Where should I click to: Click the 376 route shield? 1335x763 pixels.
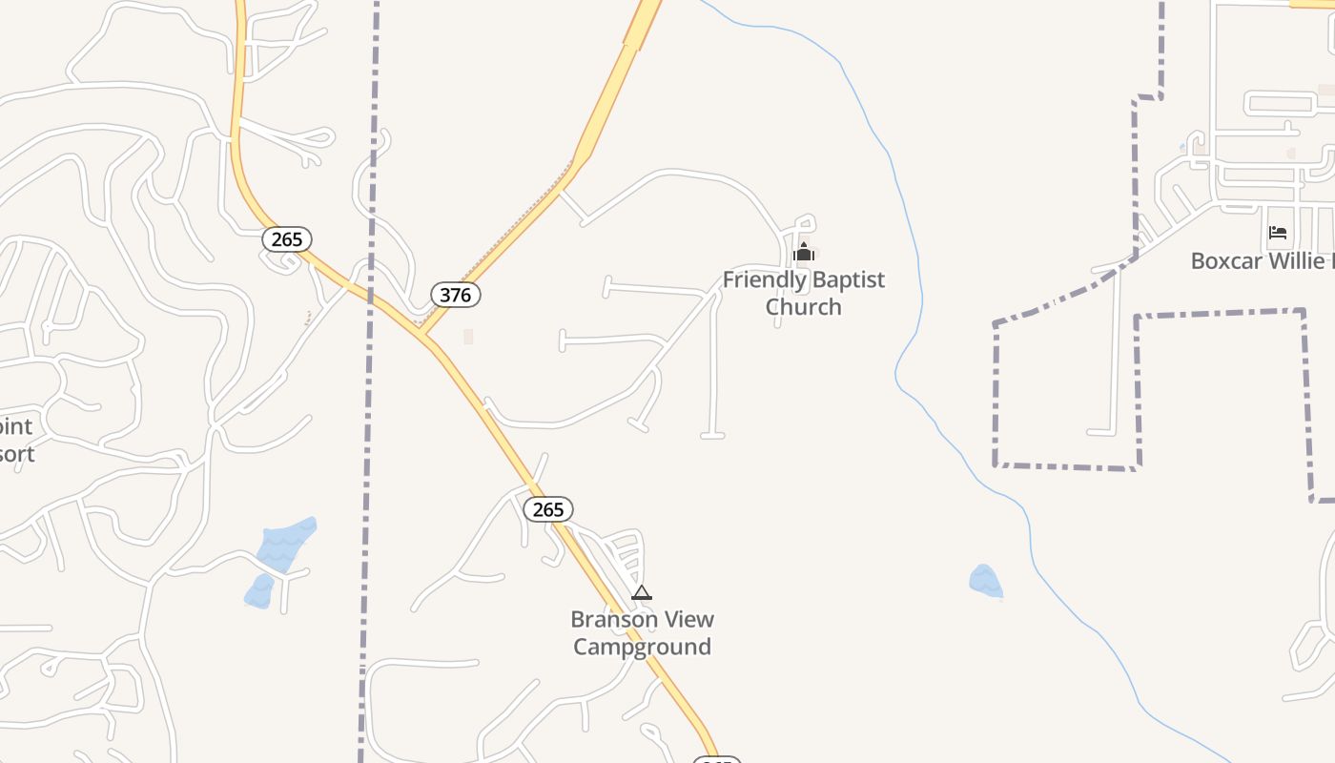(x=456, y=295)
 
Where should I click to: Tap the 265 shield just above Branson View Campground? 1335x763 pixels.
(x=548, y=509)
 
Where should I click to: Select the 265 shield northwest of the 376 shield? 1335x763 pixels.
(x=287, y=239)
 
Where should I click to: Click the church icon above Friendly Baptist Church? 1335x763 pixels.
(x=804, y=252)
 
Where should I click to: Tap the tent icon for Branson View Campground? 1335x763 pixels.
(x=642, y=592)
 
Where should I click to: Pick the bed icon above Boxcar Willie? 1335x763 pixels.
(x=1278, y=233)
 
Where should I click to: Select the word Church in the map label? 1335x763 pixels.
(x=804, y=306)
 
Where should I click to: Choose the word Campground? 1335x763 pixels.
(x=642, y=647)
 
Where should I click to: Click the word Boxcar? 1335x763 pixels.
(x=1231, y=260)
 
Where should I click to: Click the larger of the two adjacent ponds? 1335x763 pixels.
(x=285, y=545)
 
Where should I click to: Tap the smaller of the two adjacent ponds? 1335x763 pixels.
(x=259, y=591)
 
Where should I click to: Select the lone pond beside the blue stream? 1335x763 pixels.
(x=985, y=581)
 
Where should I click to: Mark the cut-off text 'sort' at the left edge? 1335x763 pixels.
(x=16, y=453)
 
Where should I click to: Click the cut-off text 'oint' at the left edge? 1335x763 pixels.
(x=16, y=426)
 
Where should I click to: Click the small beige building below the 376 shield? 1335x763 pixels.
(x=468, y=336)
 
